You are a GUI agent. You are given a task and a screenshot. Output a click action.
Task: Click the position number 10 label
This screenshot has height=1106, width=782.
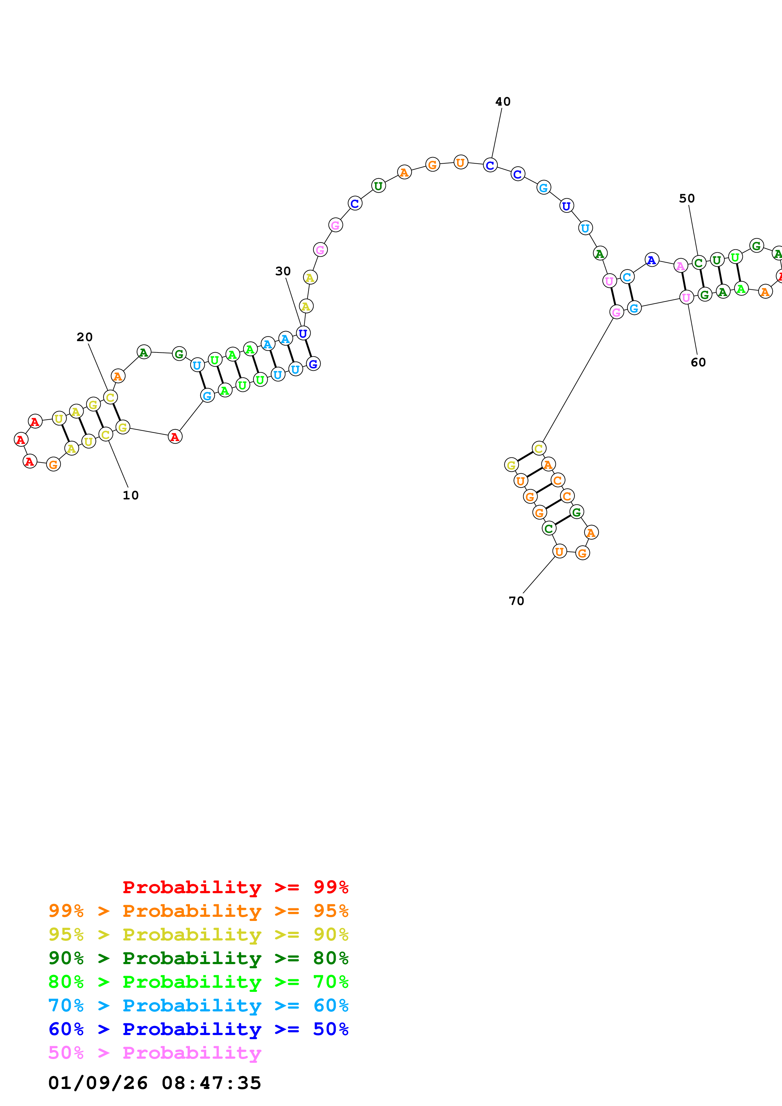point(131,495)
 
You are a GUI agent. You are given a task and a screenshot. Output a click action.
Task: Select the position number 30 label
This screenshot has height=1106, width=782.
point(283,271)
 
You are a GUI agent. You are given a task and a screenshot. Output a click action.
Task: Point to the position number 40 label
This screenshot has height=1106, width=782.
point(503,102)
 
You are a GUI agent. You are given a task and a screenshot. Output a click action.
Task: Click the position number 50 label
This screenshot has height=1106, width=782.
point(687,198)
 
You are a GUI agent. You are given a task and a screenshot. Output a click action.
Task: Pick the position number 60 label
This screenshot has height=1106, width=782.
point(698,362)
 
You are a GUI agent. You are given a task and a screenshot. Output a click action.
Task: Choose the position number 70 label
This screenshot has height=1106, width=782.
point(516,601)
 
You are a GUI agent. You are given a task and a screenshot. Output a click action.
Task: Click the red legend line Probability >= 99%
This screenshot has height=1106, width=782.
point(235,887)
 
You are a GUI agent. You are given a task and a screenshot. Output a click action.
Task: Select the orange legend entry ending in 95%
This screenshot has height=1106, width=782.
point(198,911)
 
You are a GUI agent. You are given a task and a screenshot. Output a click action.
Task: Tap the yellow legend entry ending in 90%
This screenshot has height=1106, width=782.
point(198,934)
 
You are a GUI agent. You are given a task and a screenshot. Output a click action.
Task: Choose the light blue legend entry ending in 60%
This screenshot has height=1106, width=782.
point(198,1005)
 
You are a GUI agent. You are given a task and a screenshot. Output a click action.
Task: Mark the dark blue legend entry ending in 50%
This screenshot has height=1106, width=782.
point(198,1029)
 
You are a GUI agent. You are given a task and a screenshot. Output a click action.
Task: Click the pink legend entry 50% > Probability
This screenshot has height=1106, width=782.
point(154,1052)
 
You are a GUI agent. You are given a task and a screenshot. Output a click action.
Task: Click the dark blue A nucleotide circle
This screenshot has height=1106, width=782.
point(651,260)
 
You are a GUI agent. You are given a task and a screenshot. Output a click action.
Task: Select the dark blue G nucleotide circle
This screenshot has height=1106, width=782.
point(313,364)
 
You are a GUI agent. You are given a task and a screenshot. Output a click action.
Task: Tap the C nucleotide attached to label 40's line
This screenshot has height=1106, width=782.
point(490,165)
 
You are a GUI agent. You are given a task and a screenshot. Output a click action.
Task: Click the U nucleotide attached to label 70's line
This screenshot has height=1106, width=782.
point(559,551)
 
